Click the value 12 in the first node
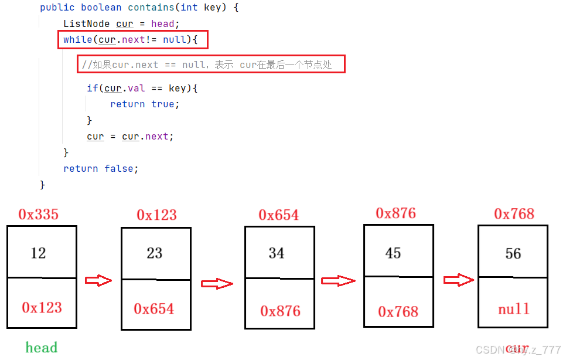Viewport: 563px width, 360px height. click(39, 253)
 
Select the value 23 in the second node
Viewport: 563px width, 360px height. click(155, 253)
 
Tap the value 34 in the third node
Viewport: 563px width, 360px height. click(277, 253)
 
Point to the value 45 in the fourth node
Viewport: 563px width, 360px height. click(393, 253)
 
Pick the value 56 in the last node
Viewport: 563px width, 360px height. click(513, 254)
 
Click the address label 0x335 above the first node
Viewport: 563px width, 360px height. click(39, 215)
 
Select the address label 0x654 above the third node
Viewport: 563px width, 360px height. click(279, 215)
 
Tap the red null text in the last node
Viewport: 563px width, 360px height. click(514, 309)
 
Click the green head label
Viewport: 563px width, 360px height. click(42, 348)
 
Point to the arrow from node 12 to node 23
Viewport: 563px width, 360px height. click(98, 281)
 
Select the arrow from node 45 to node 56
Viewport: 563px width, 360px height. click(459, 280)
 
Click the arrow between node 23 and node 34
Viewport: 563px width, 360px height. click(217, 284)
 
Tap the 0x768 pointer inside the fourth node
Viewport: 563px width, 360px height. click(398, 312)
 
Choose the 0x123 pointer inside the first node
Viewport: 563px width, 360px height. click(42, 307)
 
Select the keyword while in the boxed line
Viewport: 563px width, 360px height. click(77, 40)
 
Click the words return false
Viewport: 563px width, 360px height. click(101, 168)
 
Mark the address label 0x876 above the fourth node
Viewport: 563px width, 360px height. click(396, 213)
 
